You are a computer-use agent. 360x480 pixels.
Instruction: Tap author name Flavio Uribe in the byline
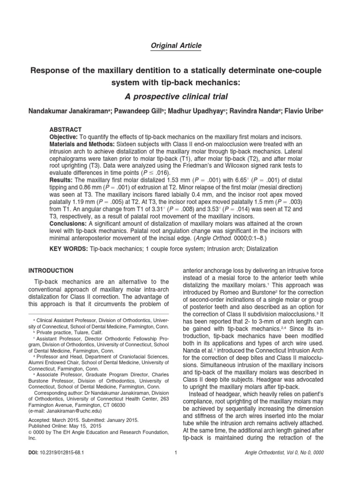pos(314,112)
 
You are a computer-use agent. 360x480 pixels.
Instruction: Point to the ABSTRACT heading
pos(66,129)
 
